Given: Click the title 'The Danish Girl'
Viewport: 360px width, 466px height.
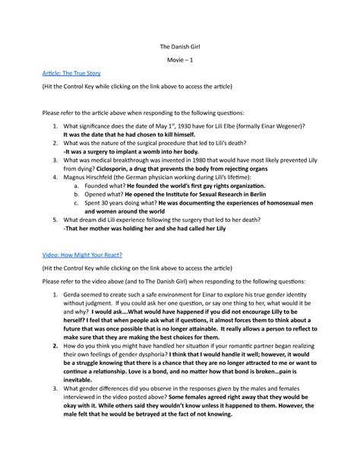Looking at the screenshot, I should [x=180, y=47].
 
